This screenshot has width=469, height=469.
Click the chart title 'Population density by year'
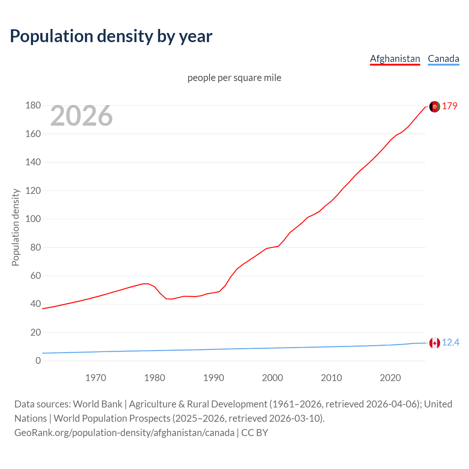[x=111, y=36]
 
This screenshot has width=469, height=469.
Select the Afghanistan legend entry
[x=395, y=59]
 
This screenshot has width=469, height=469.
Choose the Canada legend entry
[x=443, y=59]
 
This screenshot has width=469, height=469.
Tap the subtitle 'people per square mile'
[x=234, y=78]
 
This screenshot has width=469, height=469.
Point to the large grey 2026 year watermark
[x=81, y=116]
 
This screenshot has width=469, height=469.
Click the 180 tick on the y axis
[x=33, y=106]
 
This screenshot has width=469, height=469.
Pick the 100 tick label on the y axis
[x=33, y=219]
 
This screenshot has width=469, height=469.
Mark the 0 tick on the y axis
[x=38, y=361]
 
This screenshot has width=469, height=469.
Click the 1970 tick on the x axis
[x=96, y=378]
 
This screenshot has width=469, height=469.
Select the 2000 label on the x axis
[x=272, y=378]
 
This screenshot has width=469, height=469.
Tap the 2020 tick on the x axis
[x=390, y=378]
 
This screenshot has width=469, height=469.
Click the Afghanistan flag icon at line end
[x=435, y=107]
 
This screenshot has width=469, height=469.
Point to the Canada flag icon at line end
[x=435, y=343]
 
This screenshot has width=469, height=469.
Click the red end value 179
[x=450, y=106]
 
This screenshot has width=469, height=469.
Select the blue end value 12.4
[x=450, y=343]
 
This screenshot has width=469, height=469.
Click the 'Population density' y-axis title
[x=15, y=227]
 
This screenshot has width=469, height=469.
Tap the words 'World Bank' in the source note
[x=97, y=404]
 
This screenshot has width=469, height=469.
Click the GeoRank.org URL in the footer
[x=124, y=433]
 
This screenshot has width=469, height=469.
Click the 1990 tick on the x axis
[x=214, y=378]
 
